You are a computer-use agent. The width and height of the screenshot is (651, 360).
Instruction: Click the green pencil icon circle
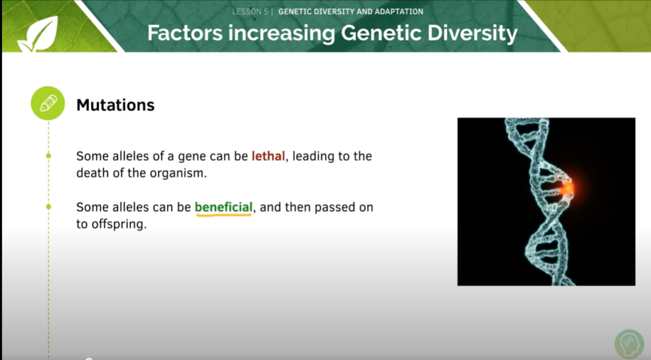[x=48, y=104]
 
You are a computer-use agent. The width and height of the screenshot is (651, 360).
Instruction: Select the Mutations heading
[x=115, y=105]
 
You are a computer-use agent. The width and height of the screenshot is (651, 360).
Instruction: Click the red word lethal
[x=268, y=156]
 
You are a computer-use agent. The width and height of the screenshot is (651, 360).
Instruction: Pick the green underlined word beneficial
[x=224, y=207]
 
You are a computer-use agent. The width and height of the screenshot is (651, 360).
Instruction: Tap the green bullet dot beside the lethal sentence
[x=48, y=156]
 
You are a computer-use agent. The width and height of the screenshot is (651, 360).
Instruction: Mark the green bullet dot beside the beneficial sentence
[x=48, y=207]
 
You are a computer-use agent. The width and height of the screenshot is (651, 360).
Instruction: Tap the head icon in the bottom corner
[x=629, y=344]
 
